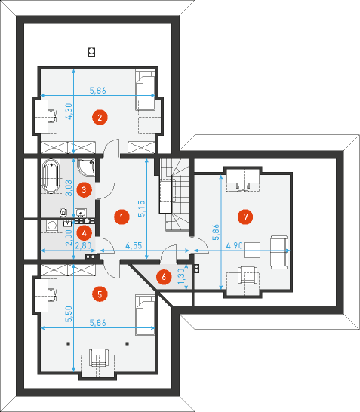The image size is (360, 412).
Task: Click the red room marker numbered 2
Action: [100, 117]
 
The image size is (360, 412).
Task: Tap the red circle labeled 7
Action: [246, 217]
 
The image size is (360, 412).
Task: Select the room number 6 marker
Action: [164, 277]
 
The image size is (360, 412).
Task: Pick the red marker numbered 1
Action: [122, 217]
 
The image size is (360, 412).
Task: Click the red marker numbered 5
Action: [100, 294]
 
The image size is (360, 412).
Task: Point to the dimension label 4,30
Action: [69, 112]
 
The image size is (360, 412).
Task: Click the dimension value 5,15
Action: [141, 208]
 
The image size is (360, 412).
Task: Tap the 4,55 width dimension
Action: [134, 246]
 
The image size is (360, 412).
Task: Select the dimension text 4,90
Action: [235, 246]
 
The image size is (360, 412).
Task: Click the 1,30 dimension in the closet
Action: [181, 276]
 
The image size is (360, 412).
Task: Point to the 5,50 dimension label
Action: [69, 314]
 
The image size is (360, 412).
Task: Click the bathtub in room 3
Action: [51, 176]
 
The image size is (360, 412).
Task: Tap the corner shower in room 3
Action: [86, 167]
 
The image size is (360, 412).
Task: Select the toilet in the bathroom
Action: [63, 212]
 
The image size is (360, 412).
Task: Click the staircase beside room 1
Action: [175, 195]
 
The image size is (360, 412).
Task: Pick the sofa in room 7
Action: [279, 252]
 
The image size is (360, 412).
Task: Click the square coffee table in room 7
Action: [252, 251]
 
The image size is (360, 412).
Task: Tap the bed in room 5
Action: [145, 315]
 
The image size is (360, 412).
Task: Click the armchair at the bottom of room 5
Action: [99, 358]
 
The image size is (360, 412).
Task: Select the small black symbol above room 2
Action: [91, 52]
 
